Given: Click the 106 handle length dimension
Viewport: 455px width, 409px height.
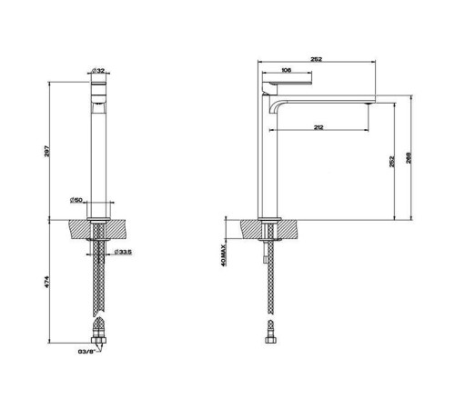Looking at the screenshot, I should point(287,69).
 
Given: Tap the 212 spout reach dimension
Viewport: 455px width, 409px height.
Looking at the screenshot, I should point(318,127).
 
